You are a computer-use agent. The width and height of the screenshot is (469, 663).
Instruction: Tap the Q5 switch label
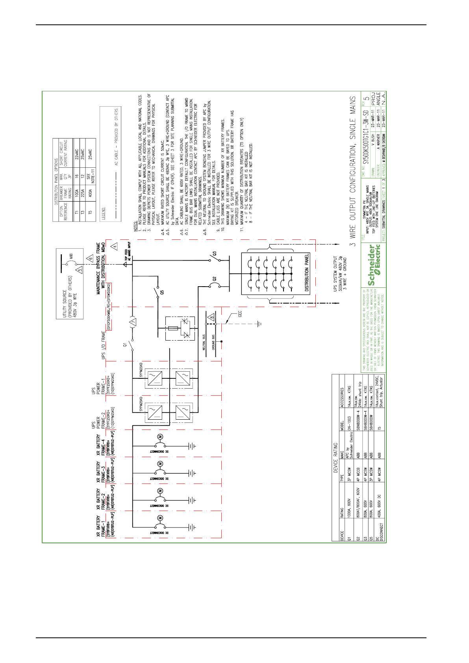pyautogui.click(x=162, y=292)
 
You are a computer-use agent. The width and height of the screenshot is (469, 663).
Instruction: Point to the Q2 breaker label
pyautogui.click(x=214, y=279)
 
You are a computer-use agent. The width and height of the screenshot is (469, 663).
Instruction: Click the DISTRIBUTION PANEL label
pyautogui.click(x=307, y=272)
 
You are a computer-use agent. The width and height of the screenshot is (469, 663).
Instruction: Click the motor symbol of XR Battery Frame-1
pyautogui.click(x=160, y=517)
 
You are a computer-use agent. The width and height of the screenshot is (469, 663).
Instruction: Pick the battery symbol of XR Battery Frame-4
pyautogui.click(x=191, y=446)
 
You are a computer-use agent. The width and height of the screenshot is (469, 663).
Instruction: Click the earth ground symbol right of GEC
pyautogui.click(x=259, y=324)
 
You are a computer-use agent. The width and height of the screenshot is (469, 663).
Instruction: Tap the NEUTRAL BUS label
pyautogui.click(x=204, y=343)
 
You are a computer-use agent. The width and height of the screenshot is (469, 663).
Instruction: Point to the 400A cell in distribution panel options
pyautogui.click(x=90, y=193)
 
